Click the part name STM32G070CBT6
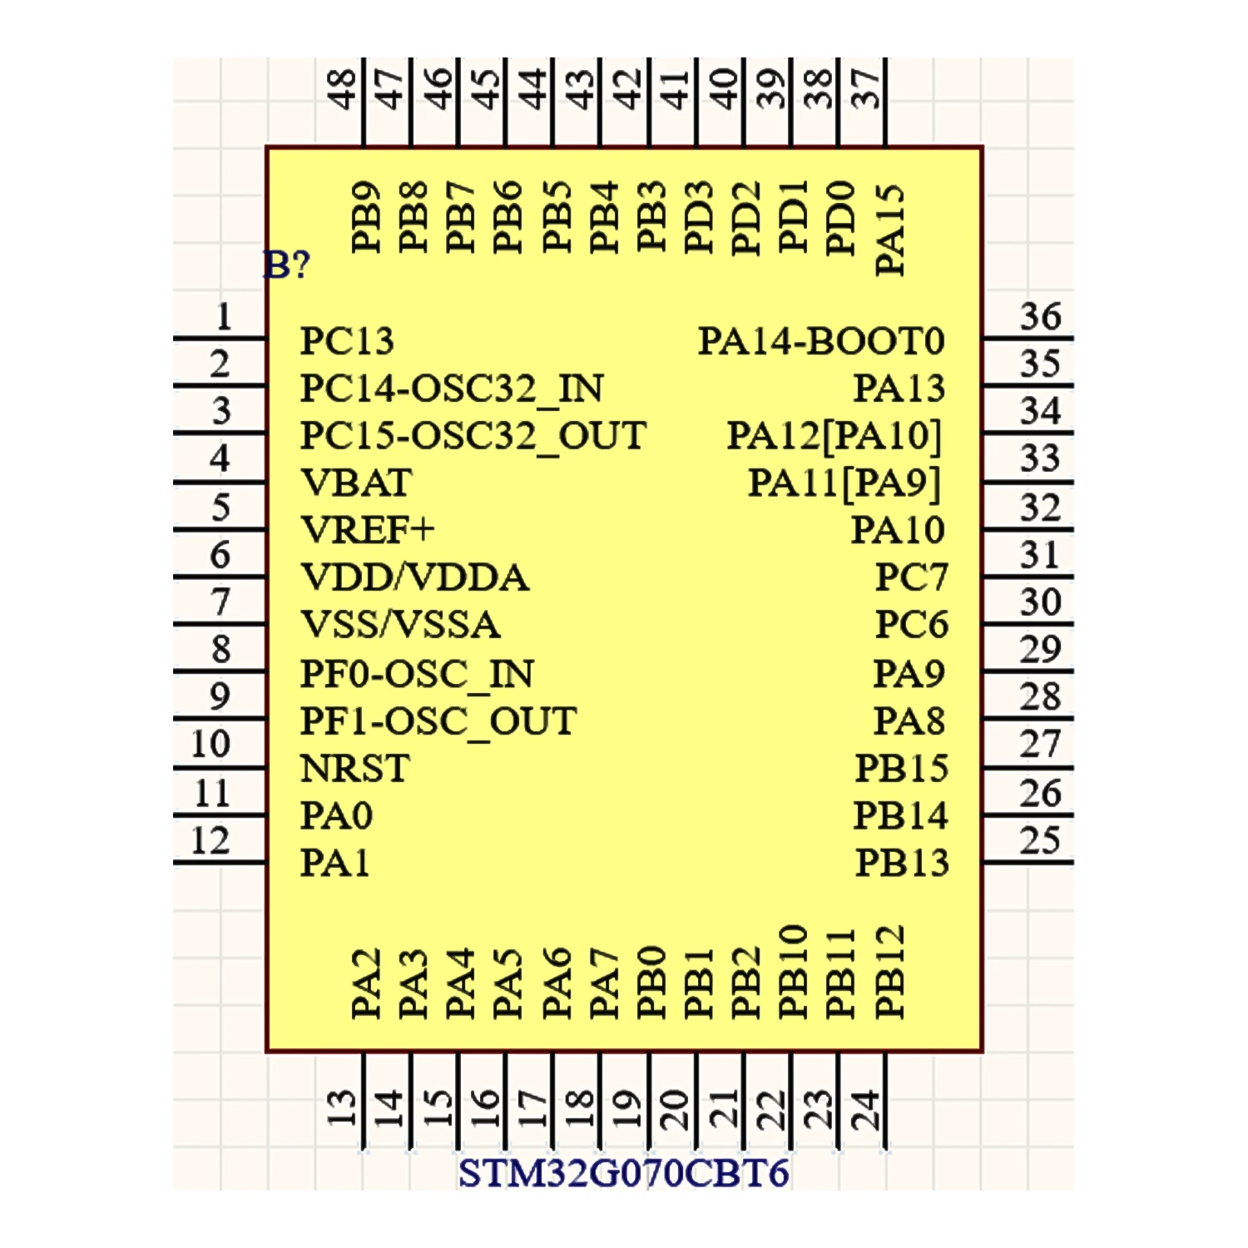[623, 1173]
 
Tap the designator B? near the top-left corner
[287, 265]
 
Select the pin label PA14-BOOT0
[820, 341]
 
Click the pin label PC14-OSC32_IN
[452, 389]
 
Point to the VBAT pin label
[356, 483]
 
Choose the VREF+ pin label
[367, 530]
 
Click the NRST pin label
[354, 768]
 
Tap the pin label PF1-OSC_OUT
[438, 721]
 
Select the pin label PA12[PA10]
[834, 435]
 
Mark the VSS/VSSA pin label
[400, 625]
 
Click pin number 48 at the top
[342, 89]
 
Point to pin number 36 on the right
[1040, 317]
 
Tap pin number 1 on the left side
[223, 317]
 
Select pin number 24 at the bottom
[865, 1108]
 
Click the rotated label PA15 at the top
[889, 230]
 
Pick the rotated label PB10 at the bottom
[794, 971]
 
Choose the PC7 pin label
[911, 577]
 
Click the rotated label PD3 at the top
[699, 217]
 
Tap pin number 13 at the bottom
[342, 1108]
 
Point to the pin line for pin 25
[1028, 862]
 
